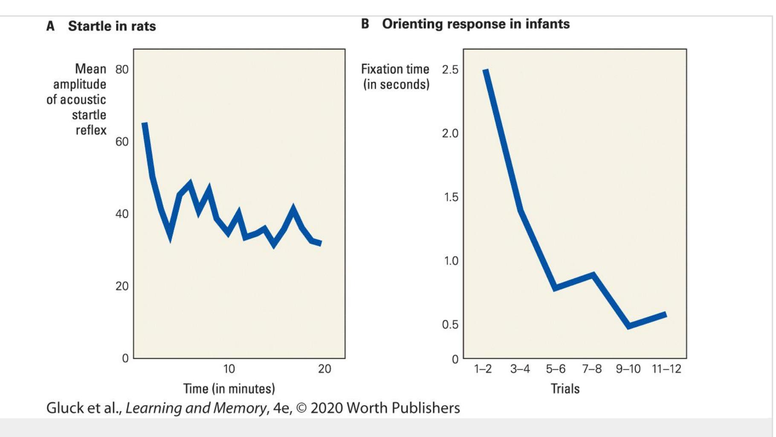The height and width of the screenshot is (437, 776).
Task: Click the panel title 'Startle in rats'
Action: click(112, 26)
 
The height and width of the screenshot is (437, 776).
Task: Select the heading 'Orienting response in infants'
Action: click(475, 24)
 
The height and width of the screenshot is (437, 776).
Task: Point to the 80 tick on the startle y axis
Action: click(122, 69)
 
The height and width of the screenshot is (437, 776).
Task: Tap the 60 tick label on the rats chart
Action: click(122, 142)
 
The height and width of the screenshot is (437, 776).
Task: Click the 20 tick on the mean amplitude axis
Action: click(122, 286)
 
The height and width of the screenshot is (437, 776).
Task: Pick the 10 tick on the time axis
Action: click(229, 369)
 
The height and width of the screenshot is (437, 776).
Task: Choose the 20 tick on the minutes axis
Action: click(324, 369)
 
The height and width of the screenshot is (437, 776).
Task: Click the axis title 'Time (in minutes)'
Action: click(229, 388)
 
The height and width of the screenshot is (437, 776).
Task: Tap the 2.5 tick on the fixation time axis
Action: click(450, 69)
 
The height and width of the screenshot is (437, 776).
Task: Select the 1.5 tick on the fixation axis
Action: click(450, 197)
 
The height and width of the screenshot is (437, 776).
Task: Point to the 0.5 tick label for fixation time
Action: click(450, 324)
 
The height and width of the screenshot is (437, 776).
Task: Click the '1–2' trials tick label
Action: click(483, 369)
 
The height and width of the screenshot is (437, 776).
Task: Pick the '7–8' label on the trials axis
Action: click(592, 369)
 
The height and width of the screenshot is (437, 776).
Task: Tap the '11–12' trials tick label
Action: click(666, 369)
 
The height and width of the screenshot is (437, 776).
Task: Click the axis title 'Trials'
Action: click(565, 388)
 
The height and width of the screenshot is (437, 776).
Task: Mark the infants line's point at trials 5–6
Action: click(555, 287)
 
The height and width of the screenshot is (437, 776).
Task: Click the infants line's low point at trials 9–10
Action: click(629, 326)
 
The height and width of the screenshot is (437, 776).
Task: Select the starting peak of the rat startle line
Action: click(145, 124)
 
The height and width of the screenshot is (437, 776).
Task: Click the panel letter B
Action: click(365, 24)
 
